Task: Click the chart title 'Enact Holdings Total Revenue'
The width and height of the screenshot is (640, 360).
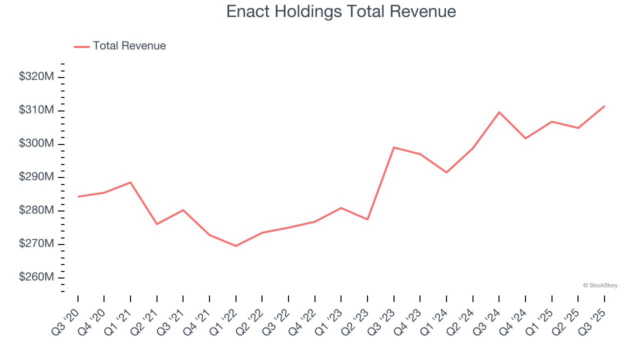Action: pyautogui.click(x=341, y=11)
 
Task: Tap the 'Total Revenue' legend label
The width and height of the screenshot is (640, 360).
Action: pyautogui.click(x=129, y=46)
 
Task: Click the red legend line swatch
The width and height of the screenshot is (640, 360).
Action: pyautogui.click(x=81, y=46)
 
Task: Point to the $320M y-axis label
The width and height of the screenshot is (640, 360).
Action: pyautogui.click(x=36, y=77)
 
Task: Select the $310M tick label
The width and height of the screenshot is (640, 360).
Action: pyautogui.click(x=36, y=110)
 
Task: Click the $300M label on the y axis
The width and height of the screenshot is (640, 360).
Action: pyautogui.click(x=36, y=144)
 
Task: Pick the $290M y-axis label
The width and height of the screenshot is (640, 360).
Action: pyautogui.click(x=36, y=177)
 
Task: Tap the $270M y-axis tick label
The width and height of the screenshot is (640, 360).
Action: pyautogui.click(x=36, y=244)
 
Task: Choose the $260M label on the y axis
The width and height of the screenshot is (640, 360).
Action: pyautogui.click(x=36, y=277)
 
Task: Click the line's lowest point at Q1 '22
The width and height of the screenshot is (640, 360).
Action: pyautogui.click(x=235, y=246)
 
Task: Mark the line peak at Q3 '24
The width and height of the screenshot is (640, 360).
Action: pyautogui.click(x=499, y=112)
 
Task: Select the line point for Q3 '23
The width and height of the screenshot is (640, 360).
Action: pyautogui.click(x=394, y=147)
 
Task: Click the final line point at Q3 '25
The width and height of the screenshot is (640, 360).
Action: pyautogui.click(x=604, y=106)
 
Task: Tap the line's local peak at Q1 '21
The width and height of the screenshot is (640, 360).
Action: pyautogui.click(x=130, y=182)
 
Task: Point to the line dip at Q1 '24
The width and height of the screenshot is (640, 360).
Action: pyautogui.click(x=446, y=172)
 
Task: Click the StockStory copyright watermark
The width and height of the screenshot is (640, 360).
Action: pyautogui.click(x=600, y=285)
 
